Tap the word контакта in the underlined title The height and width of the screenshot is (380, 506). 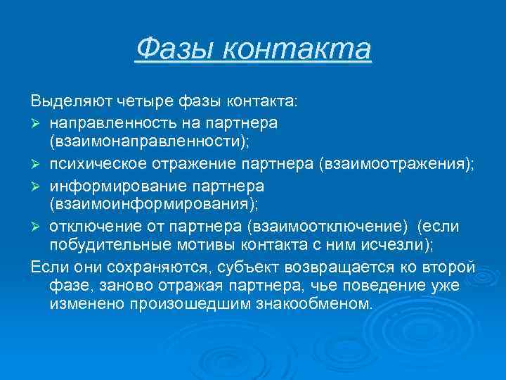coord(295,49)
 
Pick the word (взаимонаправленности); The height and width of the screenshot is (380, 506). coord(150,143)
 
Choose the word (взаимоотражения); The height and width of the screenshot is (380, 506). coord(397,164)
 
